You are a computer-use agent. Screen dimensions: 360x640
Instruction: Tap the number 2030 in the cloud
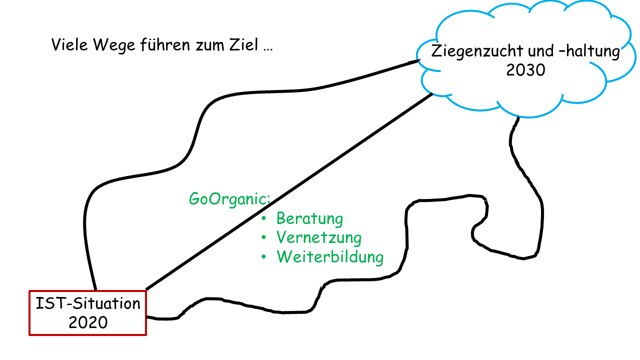525,70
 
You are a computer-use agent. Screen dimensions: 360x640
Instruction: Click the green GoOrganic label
229,199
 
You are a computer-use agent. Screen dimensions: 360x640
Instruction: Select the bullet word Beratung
309,219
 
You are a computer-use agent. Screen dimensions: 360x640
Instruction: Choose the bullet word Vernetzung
318,237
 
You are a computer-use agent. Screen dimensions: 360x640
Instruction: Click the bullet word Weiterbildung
330,257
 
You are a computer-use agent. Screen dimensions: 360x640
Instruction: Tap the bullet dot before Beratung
264,219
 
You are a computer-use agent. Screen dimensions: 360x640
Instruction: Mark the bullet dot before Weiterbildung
264,257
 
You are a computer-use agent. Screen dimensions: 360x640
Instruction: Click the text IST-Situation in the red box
87,303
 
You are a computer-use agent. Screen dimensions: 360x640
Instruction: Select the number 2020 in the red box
88,322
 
